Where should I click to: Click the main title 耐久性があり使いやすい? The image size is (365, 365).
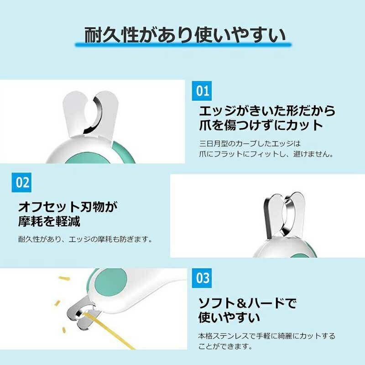click(x=185, y=35)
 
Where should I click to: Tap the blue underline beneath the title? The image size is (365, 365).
click(x=183, y=44)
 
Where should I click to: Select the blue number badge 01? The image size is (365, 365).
click(x=202, y=91)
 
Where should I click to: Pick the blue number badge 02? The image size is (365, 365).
click(x=21, y=182)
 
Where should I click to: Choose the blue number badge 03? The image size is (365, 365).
click(x=202, y=278)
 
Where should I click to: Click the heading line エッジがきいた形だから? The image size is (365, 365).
click(x=267, y=111)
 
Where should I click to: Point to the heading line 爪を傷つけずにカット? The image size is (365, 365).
click(x=261, y=125)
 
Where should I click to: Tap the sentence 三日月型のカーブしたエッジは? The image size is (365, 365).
click(x=250, y=143)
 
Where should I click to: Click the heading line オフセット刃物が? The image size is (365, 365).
click(x=68, y=207)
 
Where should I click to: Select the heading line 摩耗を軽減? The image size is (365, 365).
click(x=49, y=221)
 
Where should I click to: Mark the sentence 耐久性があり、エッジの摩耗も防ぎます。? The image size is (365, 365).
click(x=85, y=239)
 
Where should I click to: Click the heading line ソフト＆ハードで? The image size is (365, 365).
click(x=247, y=303)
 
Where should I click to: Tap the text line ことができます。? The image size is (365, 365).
click(x=225, y=346)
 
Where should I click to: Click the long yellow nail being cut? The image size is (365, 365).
click(x=109, y=330)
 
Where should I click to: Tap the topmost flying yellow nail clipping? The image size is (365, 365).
click(x=64, y=278)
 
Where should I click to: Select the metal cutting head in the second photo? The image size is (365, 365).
click(x=284, y=216)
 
